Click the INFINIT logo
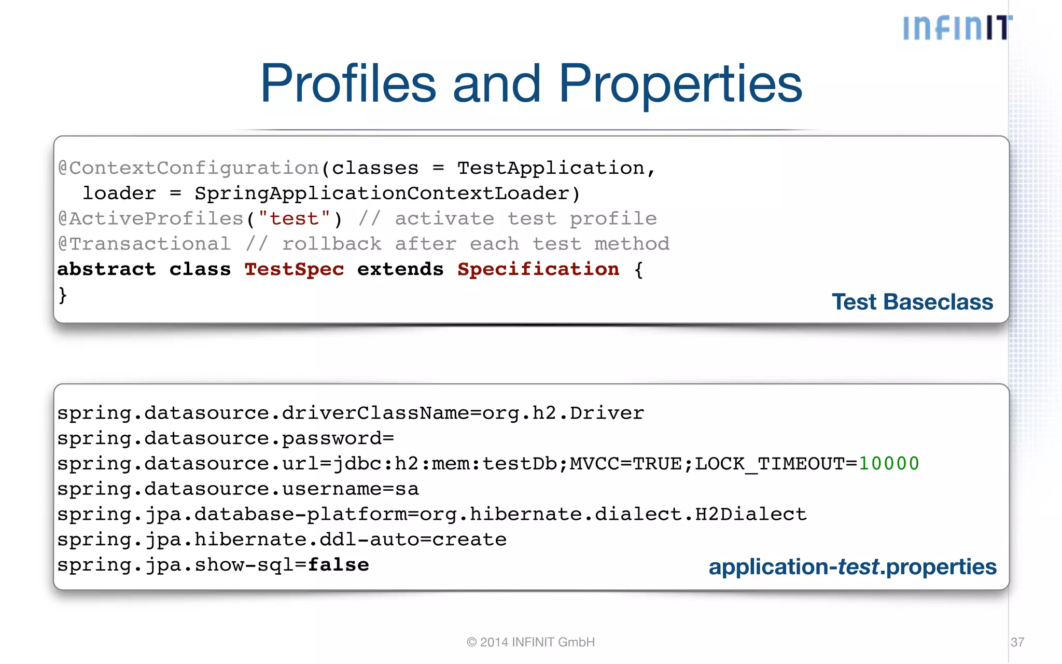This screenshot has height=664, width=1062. pyautogui.click(x=957, y=28)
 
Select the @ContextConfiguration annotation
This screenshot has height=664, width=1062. pyautogui.click(x=189, y=168)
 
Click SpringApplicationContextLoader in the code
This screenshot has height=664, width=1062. pyautogui.click(x=382, y=193)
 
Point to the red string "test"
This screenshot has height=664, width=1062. pyautogui.click(x=294, y=219)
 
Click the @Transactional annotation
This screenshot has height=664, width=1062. pyautogui.click(x=144, y=244)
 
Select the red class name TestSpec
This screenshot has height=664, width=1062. pyautogui.click(x=294, y=269)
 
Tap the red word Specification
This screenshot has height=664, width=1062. pyautogui.click(x=538, y=269)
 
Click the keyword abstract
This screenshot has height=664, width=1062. pyautogui.click(x=106, y=269)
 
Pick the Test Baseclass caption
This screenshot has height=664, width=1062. pyautogui.click(x=912, y=302)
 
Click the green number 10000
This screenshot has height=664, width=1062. pyautogui.click(x=889, y=463)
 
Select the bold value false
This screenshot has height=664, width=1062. pyautogui.click(x=338, y=564)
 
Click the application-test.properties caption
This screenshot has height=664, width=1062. pyautogui.click(x=852, y=567)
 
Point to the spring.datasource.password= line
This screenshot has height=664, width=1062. pyautogui.click(x=226, y=438)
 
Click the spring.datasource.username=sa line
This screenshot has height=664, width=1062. pyautogui.click(x=238, y=489)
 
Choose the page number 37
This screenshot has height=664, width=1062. pyautogui.click(x=1017, y=642)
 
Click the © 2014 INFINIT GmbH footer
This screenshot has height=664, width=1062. pyautogui.click(x=530, y=642)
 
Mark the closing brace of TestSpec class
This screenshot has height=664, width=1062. pyautogui.click(x=63, y=295)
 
